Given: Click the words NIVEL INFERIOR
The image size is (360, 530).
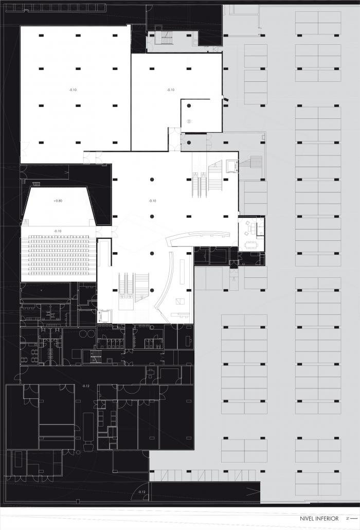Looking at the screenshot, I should coord(319,519).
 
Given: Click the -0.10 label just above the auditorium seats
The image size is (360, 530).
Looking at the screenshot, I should coord(58,231).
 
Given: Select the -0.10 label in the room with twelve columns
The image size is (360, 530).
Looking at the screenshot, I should coord(73,90).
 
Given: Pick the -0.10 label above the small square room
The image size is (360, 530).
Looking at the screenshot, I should coord(171,90).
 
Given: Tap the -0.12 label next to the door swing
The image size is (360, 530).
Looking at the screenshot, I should coord(142,492).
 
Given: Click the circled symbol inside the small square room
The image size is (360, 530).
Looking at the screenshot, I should coord(189,121).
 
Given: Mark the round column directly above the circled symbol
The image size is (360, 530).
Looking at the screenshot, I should coord(189,105).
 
